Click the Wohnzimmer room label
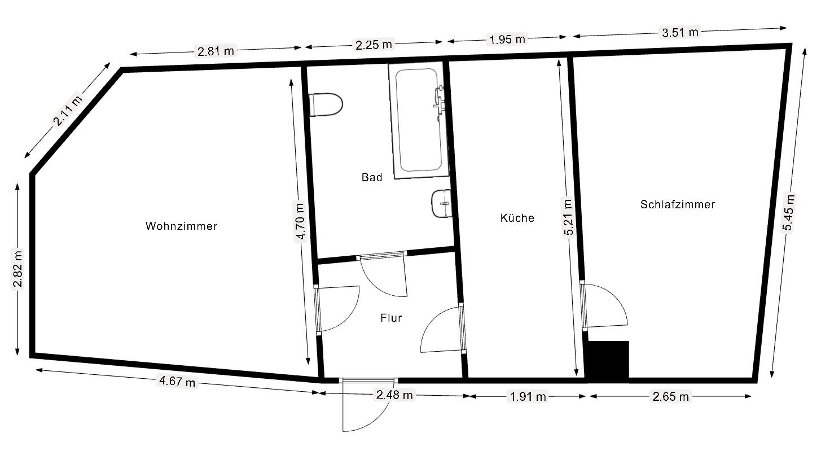pos(182,226)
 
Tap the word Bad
pos(372,177)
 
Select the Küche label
pos(517,218)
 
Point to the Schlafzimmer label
pos(678,204)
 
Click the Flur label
pos(391,318)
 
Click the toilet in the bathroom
pos(326,104)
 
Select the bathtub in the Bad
pos(418,121)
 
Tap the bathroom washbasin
pos(441,203)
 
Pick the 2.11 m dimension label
pos(68,110)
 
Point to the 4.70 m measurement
pos(300,221)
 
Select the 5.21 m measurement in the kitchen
pos(568,218)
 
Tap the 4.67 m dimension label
pos(177,381)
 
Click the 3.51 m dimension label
pos(680,32)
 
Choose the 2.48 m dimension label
pos(394,395)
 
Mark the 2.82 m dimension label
pos(17,268)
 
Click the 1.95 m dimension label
pos(507,39)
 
